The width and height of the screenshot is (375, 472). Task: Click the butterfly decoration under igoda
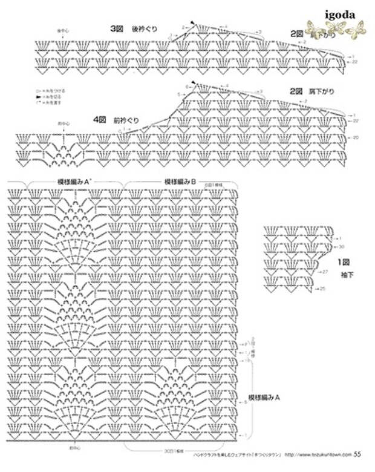coord(336,27)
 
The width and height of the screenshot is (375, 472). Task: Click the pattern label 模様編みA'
coord(74,181)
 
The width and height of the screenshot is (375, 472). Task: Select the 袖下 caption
coord(347,275)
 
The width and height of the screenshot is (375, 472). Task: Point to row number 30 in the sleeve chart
coord(342,247)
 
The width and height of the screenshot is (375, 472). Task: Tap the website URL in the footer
coord(318,454)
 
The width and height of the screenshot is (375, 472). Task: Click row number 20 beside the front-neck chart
coord(355,137)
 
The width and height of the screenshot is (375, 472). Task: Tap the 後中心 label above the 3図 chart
coord(63,30)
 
